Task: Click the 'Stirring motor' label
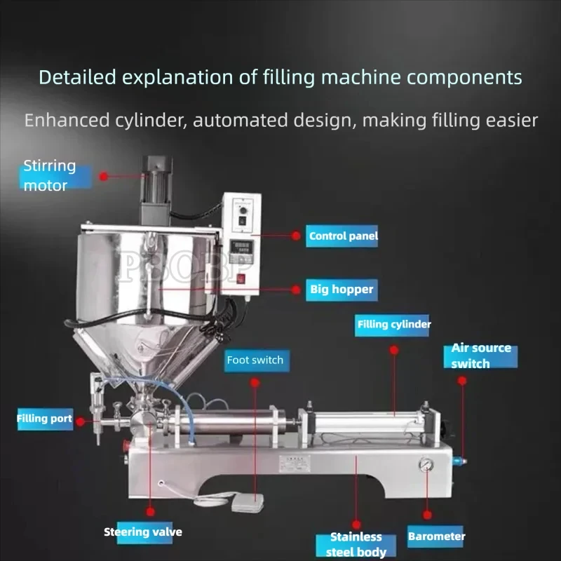50,176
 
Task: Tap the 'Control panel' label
343,236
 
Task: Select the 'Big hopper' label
342,289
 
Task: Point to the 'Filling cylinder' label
393,325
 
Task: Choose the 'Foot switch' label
255,360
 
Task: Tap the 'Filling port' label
44,419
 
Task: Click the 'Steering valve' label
143,532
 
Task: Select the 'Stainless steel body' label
356,544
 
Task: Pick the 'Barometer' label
436,536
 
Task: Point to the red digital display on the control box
241,248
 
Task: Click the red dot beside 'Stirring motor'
104,177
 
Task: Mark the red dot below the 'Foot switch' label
255,382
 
